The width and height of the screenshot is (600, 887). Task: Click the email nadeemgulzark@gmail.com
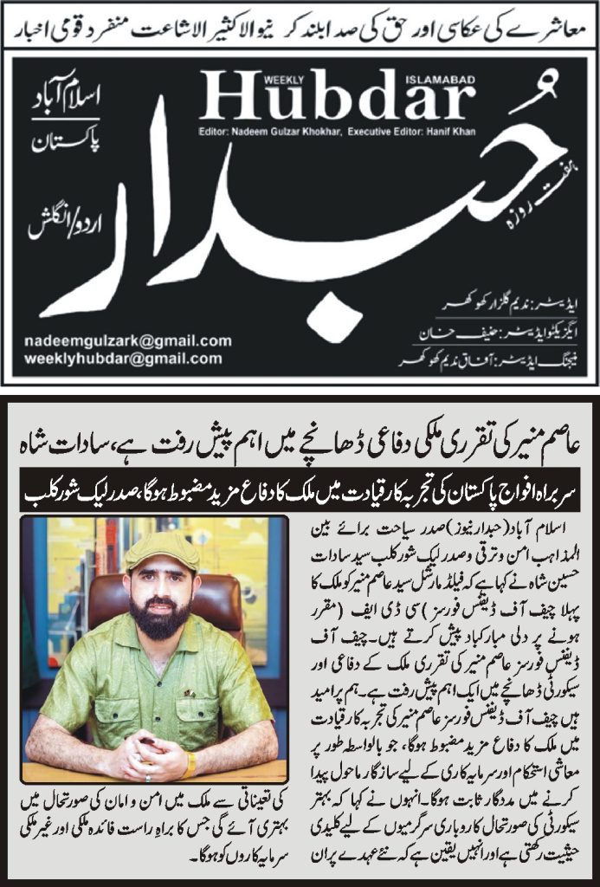coord(128,341)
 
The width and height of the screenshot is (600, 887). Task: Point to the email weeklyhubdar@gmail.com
coord(123,359)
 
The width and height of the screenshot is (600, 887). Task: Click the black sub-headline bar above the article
coord(300,495)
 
